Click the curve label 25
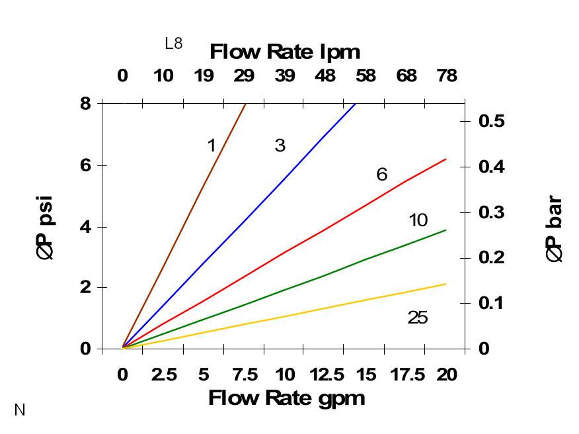tap(418, 318)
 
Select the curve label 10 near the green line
tap(418, 220)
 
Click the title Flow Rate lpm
tap(285, 52)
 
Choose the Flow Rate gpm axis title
tap(286, 398)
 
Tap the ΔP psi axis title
tap(46, 227)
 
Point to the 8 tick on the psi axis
tap(87, 103)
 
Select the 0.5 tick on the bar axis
tap(490, 121)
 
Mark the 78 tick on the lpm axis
tap(447, 76)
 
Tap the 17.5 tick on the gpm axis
tap(406, 375)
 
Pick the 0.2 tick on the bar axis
tap(490, 257)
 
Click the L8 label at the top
tap(173, 44)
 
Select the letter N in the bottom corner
tap(20, 410)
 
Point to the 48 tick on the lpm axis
tap(325, 76)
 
